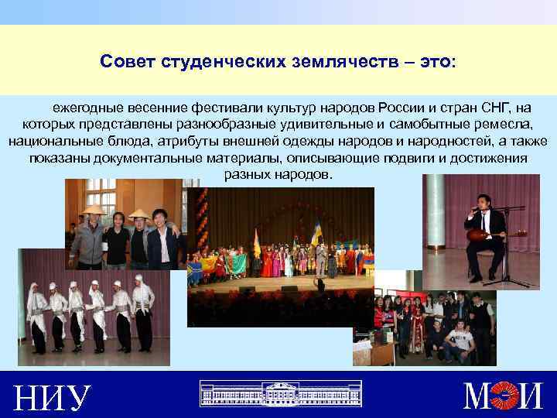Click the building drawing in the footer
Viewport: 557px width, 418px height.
pos(275,393)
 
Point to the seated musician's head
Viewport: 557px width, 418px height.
pos(484,204)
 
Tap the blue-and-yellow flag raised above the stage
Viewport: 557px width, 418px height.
pos(316,231)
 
